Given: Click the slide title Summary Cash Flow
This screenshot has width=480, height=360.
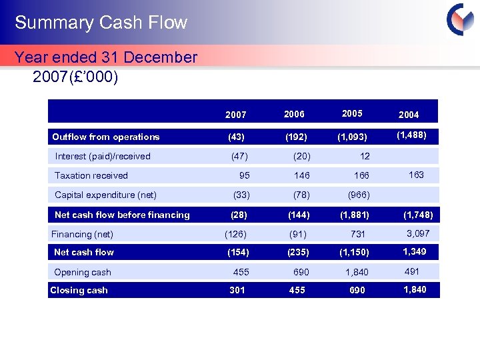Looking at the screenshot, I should coord(101,23).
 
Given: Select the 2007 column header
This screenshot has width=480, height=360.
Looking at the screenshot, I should coord(235,115).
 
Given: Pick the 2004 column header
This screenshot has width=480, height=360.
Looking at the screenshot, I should coord(409,115).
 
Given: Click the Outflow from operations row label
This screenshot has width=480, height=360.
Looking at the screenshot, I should coord(106,137).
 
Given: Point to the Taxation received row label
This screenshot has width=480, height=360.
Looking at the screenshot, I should coord(91,175).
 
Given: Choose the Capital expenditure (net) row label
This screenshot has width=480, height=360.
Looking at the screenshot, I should coord(105,195).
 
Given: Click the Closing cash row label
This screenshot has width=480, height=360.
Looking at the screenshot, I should coord(79,290).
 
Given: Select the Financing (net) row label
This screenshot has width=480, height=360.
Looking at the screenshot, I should coord(82,234).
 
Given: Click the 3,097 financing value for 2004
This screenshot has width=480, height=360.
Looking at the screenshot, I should coord(418,233).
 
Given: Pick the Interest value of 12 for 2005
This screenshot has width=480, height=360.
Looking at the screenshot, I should coord(364,156).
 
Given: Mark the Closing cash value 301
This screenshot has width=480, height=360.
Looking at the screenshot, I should coord(237,290).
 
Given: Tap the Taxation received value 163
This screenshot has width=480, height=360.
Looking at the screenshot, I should coord(416,175).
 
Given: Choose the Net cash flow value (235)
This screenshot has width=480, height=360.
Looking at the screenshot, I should coord(298,253).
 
